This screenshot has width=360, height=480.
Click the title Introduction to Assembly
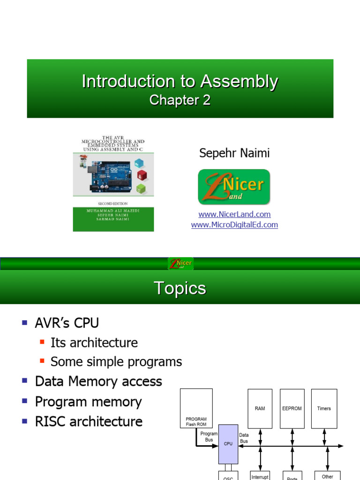tap(180, 81)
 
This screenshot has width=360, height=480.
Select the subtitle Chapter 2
tap(180, 100)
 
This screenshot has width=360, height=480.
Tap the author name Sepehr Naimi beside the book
tap(234, 153)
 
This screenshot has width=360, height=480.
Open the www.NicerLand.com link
tap(234, 214)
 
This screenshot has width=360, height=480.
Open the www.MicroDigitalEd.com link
tap(234, 225)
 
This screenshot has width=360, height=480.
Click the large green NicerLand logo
tap(234, 187)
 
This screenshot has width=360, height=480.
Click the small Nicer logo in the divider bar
tap(180, 263)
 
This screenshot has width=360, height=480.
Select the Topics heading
tap(180, 288)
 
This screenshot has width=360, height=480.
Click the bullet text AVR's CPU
tap(67, 323)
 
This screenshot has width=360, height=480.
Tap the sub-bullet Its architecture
tap(94, 343)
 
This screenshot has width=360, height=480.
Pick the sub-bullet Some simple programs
tap(116, 362)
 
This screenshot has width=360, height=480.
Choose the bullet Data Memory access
tap(98, 382)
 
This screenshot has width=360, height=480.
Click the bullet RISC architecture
tap(89, 421)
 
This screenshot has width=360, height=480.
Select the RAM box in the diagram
tap(260, 408)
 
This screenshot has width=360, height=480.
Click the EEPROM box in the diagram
tap(292, 408)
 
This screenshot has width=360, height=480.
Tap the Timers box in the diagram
tap(324, 408)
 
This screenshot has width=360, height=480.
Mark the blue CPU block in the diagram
tap(228, 444)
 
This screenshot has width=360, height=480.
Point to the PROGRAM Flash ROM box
tap(196, 408)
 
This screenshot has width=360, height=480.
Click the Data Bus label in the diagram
tap(244, 438)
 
